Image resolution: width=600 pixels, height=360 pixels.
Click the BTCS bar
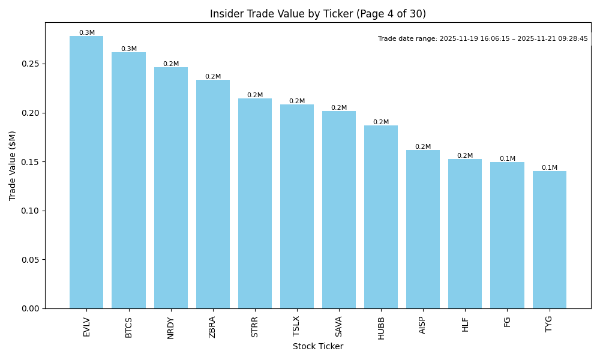[128, 180]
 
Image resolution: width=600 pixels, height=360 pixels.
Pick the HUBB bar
[381, 217]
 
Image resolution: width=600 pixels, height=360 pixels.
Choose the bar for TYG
[549, 239]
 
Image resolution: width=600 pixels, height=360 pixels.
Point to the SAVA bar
[339, 209]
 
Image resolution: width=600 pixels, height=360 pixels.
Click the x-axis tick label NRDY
[171, 328]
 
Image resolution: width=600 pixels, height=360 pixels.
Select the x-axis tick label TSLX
[297, 326]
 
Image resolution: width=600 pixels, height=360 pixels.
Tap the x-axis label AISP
[423, 325]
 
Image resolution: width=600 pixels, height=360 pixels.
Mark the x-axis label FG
[507, 322]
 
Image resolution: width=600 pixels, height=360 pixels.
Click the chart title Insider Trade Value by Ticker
[317, 14]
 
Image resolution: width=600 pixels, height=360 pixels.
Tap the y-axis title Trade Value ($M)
[13, 166]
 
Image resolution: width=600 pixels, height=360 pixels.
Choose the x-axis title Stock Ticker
[317, 346]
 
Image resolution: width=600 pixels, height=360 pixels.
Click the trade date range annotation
[482, 38]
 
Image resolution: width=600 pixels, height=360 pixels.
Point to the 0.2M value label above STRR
[255, 95]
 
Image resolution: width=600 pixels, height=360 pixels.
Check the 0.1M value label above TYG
[549, 168]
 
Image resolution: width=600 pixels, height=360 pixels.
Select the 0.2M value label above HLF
[465, 155]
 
